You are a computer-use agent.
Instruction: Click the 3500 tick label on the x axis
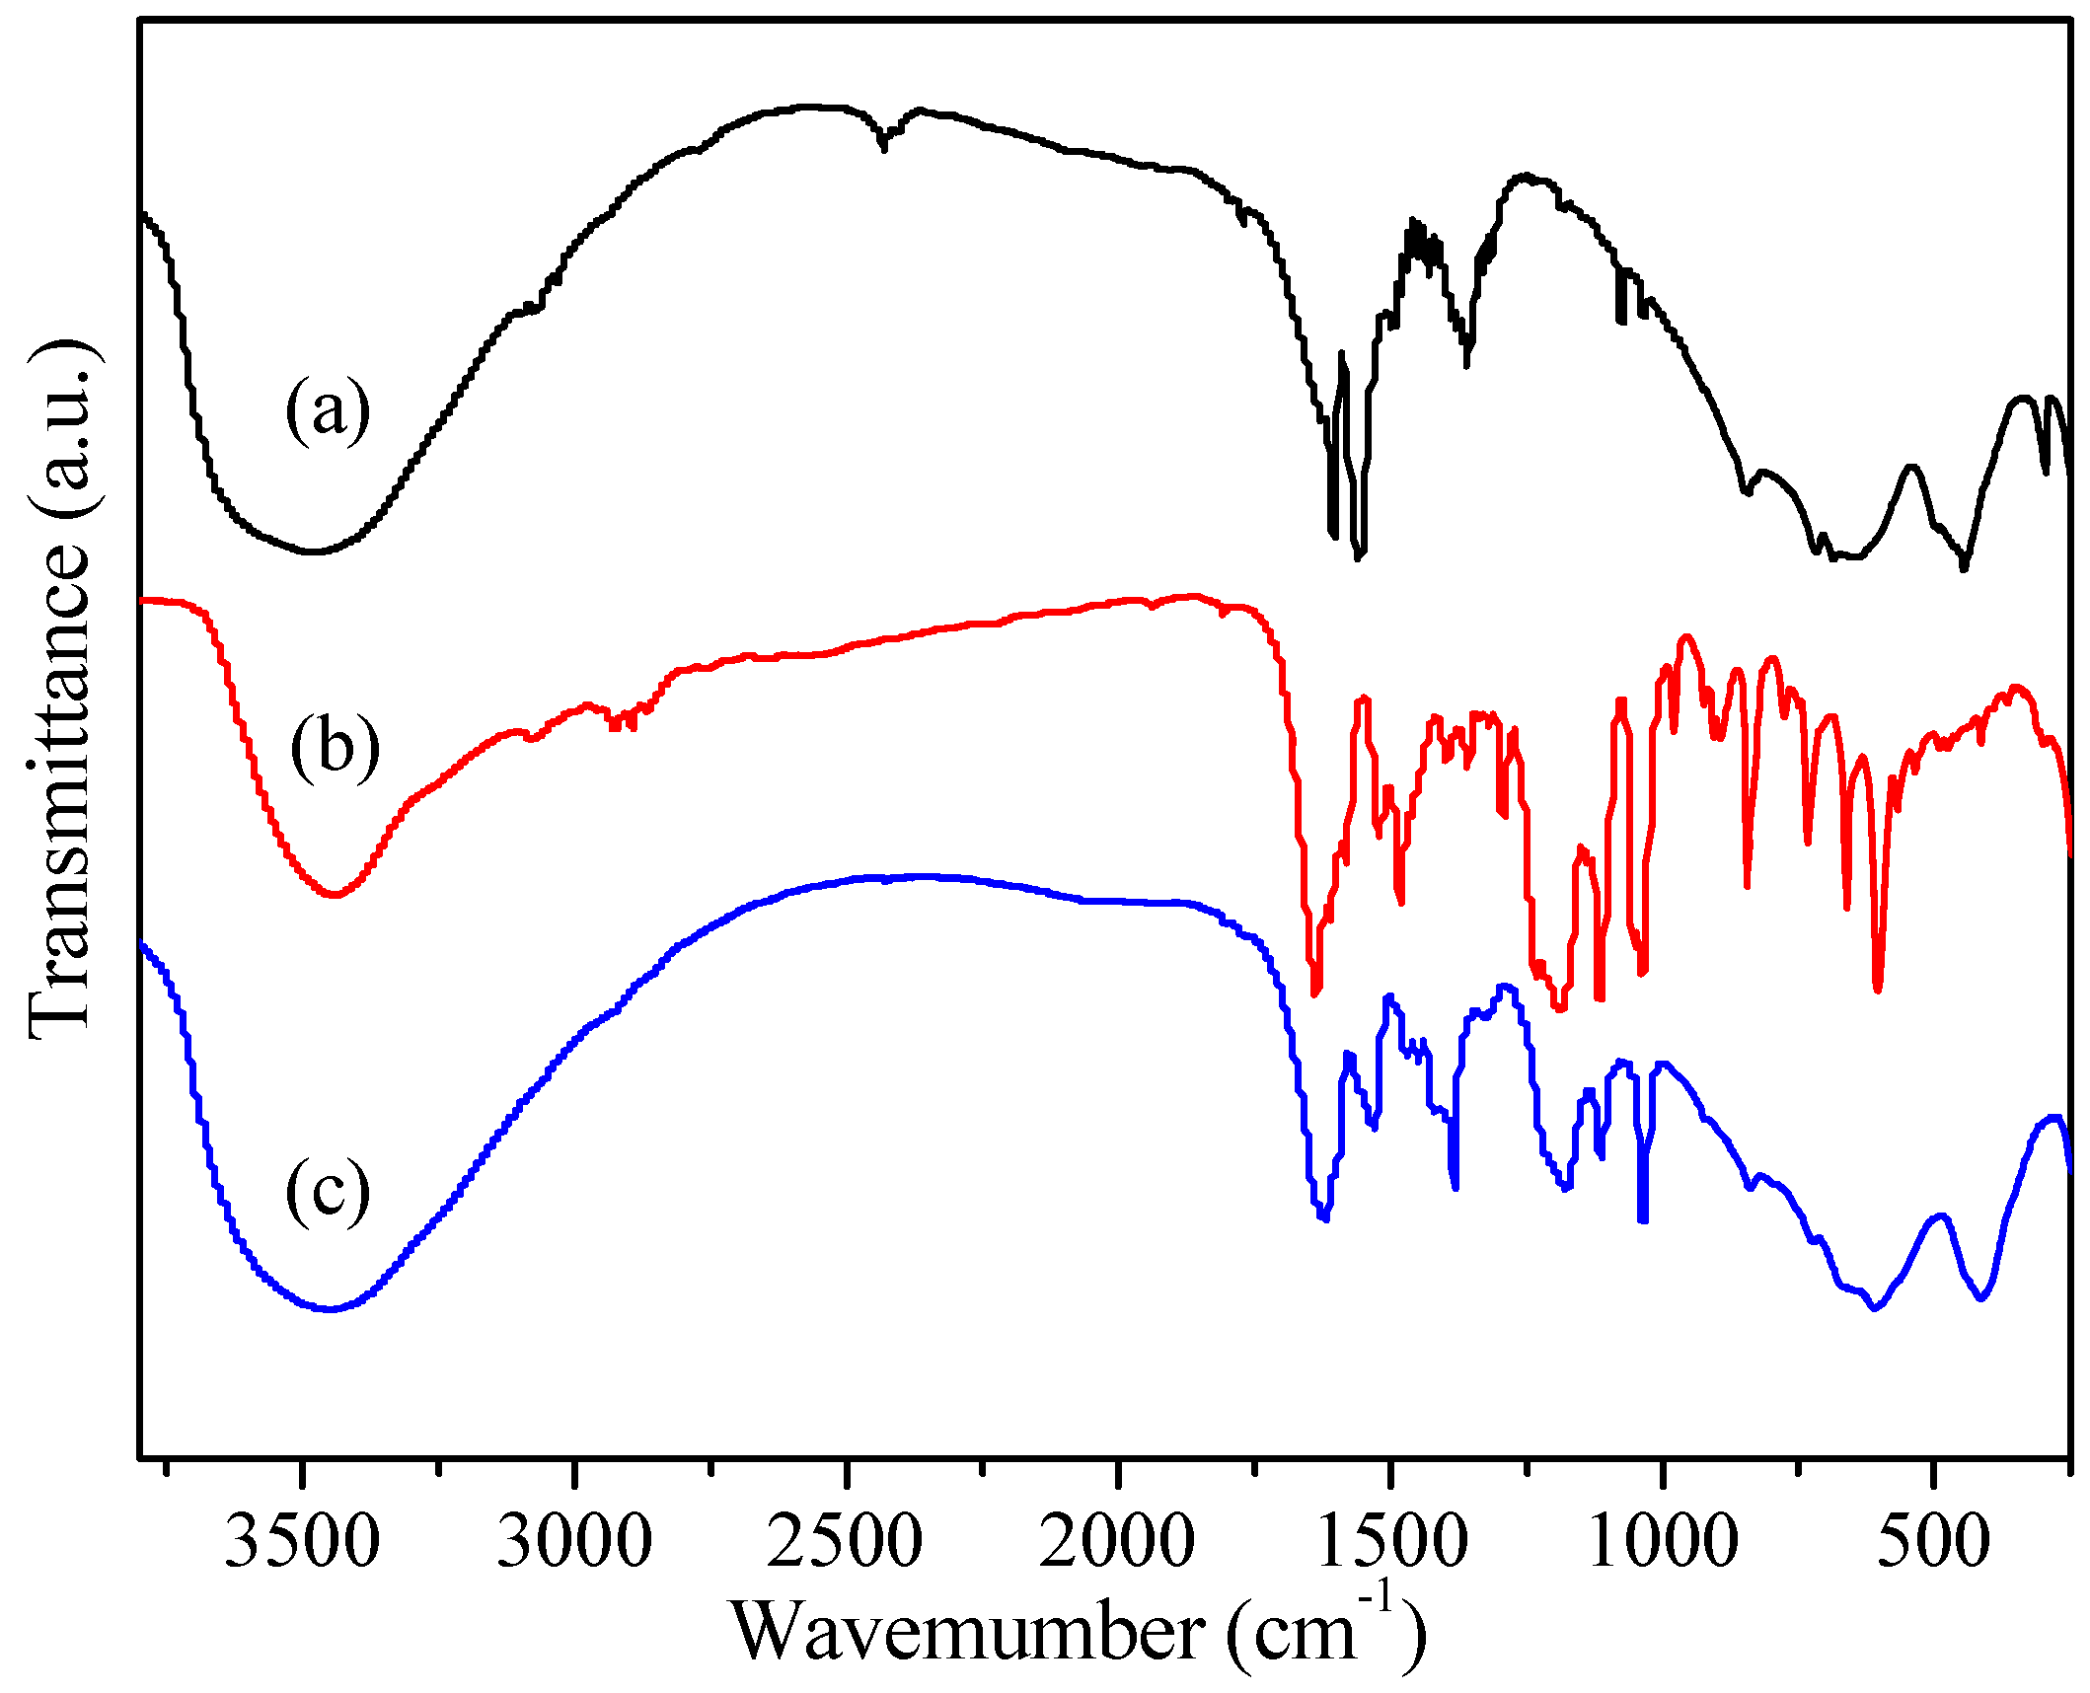(x=302, y=1542)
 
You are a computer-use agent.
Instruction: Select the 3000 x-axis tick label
(x=573, y=1542)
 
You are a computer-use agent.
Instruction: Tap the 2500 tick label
(x=845, y=1542)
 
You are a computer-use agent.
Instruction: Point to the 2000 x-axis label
(x=1117, y=1542)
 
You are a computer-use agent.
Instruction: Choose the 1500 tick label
(x=1390, y=1542)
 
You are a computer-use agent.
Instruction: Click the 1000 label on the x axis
(x=1663, y=1542)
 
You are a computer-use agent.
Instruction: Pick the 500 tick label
(x=1934, y=1542)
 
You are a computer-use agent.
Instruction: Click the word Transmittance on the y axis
(x=61, y=789)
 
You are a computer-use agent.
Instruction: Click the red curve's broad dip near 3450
(x=335, y=895)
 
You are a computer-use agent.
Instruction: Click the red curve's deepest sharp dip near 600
(x=1878, y=989)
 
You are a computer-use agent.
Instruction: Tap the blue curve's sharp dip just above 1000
(x=1643, y=1219)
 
